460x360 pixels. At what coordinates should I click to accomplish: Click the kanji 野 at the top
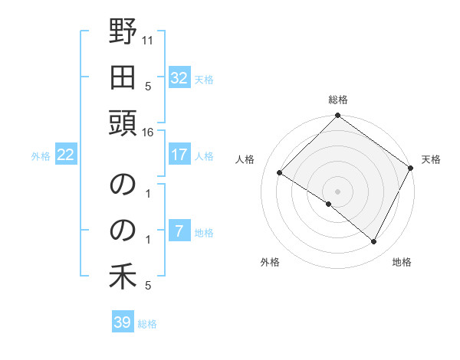coord(123,33)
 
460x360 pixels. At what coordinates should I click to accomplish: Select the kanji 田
coord(123,77)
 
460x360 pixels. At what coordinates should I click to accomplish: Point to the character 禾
coord(123,277)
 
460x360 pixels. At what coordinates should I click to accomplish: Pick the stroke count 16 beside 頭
coord(148,133)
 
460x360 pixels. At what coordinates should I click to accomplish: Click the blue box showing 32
coord(179,78)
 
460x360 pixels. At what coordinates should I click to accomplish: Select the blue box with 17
coord(179,155)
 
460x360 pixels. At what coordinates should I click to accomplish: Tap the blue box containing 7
coord(179,232)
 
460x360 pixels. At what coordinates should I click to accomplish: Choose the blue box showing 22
coord(66,155)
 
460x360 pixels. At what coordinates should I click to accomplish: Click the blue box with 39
coord(123,322)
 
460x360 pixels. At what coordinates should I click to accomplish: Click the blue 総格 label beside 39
coord(148,324)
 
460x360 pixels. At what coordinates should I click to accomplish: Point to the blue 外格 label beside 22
coord(41,156)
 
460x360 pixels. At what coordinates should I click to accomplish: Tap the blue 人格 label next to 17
coord(204,156)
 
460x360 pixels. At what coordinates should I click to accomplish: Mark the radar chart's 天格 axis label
coord(432,159)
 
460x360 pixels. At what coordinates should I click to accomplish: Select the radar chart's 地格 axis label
coord(402,263)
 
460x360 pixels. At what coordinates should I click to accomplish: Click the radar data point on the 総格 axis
coord(337,116)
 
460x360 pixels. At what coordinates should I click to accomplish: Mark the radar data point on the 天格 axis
coord(412,169)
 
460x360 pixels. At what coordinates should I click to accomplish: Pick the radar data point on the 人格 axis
coord(280,173)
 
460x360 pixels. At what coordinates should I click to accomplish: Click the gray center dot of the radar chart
coord(337,191)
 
